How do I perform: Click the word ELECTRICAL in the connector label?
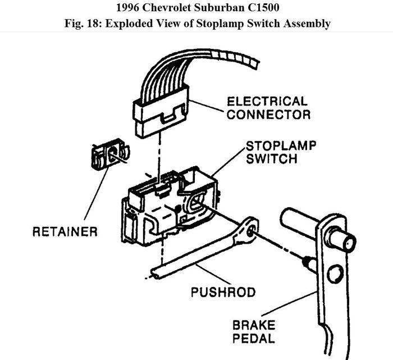coord(267,102)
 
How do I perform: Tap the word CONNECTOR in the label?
coord(268,115)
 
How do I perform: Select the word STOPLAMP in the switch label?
coord(281,146)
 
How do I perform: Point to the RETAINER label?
coord(65,231)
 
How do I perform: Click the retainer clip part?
coord(109,154)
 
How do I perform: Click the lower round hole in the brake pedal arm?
coord(335,274)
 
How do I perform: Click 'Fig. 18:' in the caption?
coord(81,24)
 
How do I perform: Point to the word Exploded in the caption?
coord(126,24)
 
